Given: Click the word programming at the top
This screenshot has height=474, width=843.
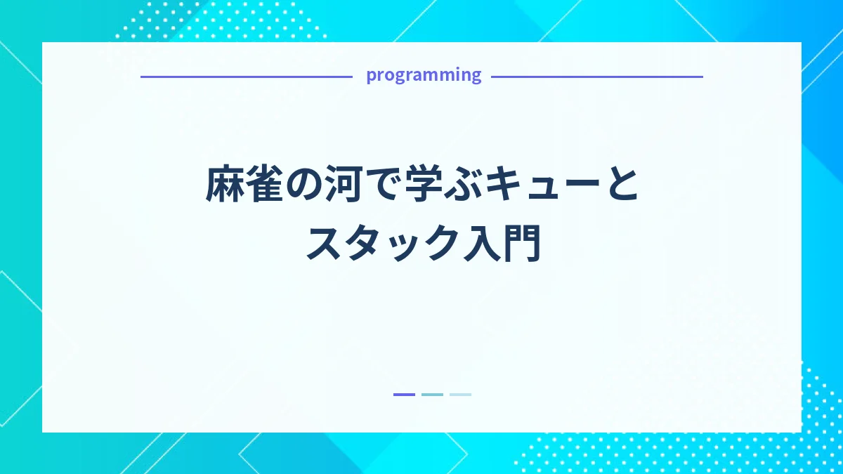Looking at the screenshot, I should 424,75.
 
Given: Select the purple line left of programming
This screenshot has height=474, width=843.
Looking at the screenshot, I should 246,77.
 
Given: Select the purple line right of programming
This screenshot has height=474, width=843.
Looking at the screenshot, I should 596,77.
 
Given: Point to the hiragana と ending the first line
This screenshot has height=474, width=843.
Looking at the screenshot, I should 619,186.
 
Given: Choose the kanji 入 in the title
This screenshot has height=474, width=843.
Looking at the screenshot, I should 481,244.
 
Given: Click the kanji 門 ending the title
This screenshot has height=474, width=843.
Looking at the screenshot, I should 521,244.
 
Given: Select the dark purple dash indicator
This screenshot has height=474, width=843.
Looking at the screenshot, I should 404,395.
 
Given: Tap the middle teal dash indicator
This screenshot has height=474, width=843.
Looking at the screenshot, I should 432,395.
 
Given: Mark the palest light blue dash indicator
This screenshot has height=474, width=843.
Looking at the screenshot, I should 460,395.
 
